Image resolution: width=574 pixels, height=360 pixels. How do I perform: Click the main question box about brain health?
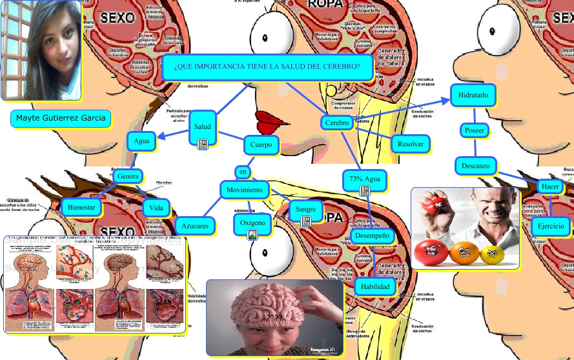click(267, 67)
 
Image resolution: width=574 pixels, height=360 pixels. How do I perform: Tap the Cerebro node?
click(336, 123)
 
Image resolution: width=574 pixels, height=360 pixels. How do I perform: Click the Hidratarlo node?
click(473, 95)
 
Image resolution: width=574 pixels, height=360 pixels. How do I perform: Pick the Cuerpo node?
click(261, 145)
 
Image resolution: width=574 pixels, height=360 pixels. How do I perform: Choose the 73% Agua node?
click(364, 179)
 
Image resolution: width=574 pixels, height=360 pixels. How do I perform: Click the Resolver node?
click(410, 144)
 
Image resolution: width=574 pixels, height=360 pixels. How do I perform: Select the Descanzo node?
click(476, 166)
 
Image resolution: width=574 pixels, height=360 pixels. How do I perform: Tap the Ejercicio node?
click(550, 226)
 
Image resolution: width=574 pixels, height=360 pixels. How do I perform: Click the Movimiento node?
click(244, 190)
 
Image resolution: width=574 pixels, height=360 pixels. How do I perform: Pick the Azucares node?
click(194, 226)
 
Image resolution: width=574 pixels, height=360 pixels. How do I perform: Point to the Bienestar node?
click(82, 207)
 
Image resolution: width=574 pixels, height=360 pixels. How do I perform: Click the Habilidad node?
click(374, 286)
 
